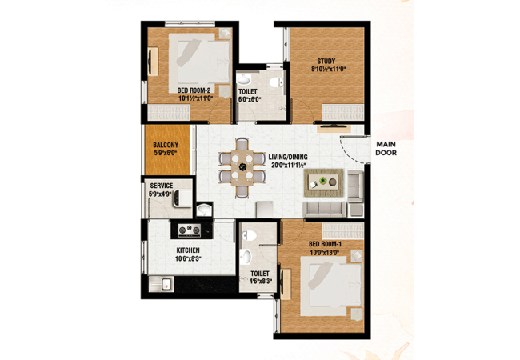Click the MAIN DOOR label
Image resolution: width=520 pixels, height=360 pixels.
(386, 149)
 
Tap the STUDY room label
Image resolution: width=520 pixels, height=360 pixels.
(326, 62)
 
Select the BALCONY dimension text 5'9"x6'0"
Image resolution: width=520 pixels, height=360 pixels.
(166, 153)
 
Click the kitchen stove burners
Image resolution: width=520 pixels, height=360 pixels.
(190, 230)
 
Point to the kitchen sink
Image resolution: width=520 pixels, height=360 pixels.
(161, 284)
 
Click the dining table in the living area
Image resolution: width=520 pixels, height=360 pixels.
(242, 167)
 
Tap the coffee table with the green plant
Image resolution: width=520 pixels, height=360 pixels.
(323, 182)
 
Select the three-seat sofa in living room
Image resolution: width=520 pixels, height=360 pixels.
(324, 209)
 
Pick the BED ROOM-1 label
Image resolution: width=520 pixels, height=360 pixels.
(325, 244)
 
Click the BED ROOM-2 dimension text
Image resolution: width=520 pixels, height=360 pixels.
(195, 98)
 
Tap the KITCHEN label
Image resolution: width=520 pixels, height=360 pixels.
(188, 250)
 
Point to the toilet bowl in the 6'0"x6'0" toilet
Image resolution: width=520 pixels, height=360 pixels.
(276, 82)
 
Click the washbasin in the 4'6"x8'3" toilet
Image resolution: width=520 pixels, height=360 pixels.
(246, 258)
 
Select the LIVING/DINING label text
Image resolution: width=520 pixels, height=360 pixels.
(288, 157)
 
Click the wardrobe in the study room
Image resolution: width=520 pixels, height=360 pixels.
(343, 112)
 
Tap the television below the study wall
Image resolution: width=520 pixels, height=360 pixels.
(333, 126)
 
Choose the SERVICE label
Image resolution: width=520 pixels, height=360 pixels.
(161, 186)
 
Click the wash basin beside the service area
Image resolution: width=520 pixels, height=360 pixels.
(204, 210)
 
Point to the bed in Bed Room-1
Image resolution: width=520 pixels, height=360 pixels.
(332, 286)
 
